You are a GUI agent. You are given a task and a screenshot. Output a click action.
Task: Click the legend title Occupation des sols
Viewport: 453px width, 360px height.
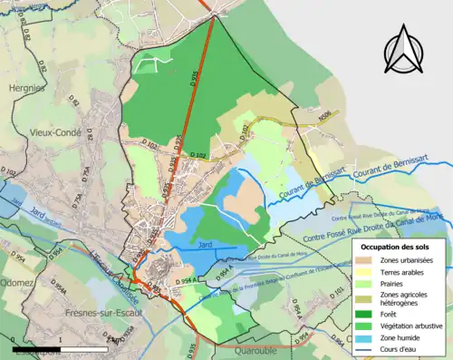tap(397, 245)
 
